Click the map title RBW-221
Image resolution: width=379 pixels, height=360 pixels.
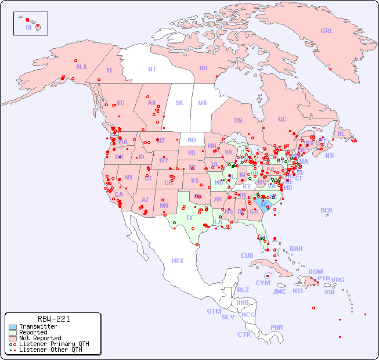[x=53, y=319]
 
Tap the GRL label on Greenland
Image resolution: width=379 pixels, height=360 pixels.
[x=327, y=31]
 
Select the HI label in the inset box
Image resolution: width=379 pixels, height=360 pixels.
[x=28, y=27]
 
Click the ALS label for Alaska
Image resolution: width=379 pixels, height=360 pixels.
[x=81, y=67]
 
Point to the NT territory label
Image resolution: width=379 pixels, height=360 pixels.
[x=152, y=69]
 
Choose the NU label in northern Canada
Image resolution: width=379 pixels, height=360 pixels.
[x=203, y=68]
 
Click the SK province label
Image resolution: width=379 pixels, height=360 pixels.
[x=179, y=103]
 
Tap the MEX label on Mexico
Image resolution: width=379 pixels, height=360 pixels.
[x=178, y=261]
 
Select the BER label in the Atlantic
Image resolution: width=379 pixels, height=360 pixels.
[x=327, y=210]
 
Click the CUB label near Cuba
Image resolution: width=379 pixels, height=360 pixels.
[x=247, y=255]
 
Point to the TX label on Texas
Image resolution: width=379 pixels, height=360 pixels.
[x=189, y=218]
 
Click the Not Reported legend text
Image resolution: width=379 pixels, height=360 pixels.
[x=40, y=338]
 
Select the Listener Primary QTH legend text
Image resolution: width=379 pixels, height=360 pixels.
[x=54, y=344]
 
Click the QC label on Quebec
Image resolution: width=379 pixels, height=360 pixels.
[x=282, y=119]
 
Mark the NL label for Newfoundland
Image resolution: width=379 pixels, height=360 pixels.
[x=341, y=133]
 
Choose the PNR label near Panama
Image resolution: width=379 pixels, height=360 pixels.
[x=277, y=327]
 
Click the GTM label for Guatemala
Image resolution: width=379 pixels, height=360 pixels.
[x=214, y=311]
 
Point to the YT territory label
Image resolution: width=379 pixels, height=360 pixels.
[x=109, y=70]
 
